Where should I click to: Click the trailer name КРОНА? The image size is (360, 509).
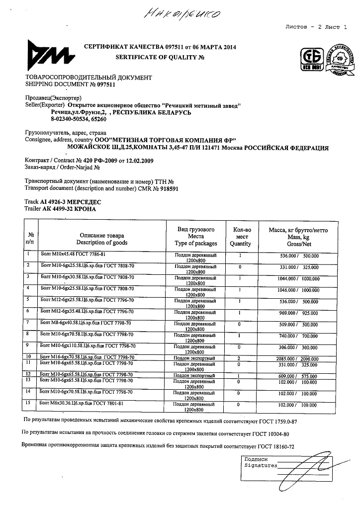pyautogui.click(x=85, y=209)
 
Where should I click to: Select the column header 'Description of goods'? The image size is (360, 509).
pyautogui.click(x=101, y=243)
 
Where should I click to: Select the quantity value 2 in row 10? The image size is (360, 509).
pyautogui.click(x=240, y=358)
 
